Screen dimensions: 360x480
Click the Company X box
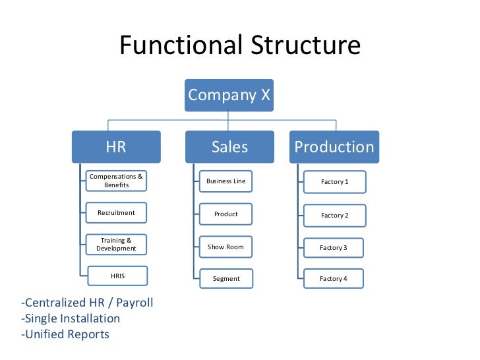(229, 95)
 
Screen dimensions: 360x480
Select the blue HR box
(116, 147)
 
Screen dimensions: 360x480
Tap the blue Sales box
(229, 147)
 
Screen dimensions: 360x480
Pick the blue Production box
(334, 147)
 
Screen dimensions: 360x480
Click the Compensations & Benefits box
(117, 181)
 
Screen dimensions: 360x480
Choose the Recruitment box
(117, 213)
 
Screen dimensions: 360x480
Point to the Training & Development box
(117, 245)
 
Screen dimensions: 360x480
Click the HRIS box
(117, 276)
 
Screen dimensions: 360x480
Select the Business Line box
(226, 181)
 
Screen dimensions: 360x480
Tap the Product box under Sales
(226, 214)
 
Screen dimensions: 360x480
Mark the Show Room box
(226, 247)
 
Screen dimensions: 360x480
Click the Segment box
(226, 279)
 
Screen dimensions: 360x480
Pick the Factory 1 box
(334, 182)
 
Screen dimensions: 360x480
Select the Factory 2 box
(334, 216)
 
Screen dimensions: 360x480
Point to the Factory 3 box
(334, 248)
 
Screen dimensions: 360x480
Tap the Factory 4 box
(334, 279)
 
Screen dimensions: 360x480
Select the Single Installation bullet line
(71, 318)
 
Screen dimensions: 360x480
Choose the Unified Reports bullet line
(65, 334)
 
